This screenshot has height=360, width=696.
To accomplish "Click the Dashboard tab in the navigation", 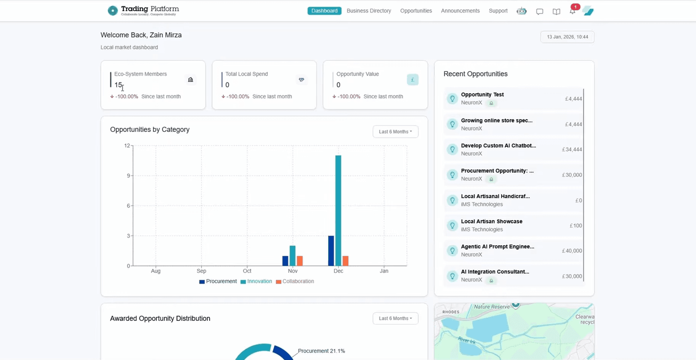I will (x=324, y=11).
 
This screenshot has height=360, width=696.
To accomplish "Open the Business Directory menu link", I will (x=369, y=11).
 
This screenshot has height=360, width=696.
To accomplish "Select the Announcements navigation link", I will (x=460, y=11).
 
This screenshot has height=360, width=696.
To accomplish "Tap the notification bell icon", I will (x=572, y=11).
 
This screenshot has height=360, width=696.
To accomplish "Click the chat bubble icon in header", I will (x=539, y=11).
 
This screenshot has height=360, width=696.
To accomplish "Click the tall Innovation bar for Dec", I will (x=338, y=210).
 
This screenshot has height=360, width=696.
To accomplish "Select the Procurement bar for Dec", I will (x=331, y=251).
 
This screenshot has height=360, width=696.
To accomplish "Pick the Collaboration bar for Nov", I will (x=300, y=261).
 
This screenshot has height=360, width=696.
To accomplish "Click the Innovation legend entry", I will (x=259, y=282).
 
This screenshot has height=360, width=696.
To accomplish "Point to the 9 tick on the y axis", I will (x=128, y=176).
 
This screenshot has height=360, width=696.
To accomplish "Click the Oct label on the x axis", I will (x=247, y=271).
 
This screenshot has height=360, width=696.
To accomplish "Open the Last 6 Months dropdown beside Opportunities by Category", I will (x=395, y=132).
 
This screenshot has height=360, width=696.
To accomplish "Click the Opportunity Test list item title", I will (x=482, y=94).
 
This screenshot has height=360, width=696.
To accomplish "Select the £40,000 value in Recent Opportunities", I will (x=572, y=251).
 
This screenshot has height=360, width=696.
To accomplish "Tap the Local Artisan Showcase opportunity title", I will (x=491, y=221).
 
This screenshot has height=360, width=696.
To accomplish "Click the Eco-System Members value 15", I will (x=118, y=85).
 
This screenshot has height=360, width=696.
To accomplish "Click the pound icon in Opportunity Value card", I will (x=412, y=80).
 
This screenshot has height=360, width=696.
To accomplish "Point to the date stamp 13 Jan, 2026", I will (x=567, y=37).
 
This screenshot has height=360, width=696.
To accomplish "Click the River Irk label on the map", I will (x=467, y=340).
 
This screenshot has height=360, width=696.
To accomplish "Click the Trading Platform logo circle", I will (x=112, y=11).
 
